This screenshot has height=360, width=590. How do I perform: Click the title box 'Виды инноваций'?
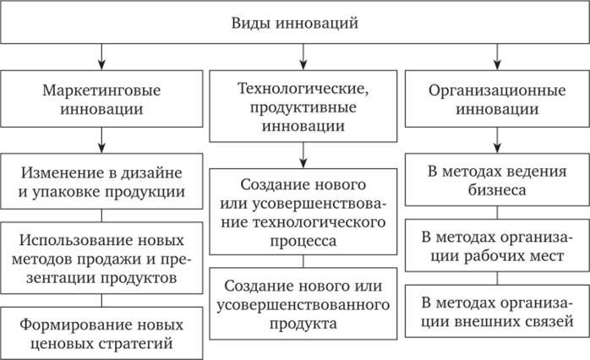click(295, 23)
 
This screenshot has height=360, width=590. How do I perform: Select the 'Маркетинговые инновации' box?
click(101, 99)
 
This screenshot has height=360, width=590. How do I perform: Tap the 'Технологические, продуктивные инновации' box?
click(303, 106)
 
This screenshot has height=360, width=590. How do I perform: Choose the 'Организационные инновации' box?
click(497, 99)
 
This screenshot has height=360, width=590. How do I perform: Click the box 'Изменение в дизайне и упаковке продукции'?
click(101, 182)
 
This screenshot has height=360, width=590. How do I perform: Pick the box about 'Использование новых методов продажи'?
click(101, 258)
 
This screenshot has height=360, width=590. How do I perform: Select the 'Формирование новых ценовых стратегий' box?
click(101, 333)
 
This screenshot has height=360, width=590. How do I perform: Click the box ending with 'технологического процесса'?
click(303, 212)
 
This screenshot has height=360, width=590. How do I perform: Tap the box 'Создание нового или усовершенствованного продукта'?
click(303, 304)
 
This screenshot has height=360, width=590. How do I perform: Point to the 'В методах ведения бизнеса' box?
click(497, 180)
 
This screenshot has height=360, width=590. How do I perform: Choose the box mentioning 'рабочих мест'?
click(497, 246)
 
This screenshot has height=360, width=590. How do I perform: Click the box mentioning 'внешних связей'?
click(497, 311)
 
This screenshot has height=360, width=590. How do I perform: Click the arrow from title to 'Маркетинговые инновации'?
click(101, 57)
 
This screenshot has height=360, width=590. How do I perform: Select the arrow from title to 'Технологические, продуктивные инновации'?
click(303, 57)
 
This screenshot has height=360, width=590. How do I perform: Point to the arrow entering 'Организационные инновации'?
click(497, 57)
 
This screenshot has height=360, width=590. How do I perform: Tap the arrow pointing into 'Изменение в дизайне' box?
click(101, 140)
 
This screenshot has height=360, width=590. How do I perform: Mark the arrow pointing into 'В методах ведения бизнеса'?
click(497, 140)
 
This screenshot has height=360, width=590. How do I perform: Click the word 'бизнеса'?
click(497, 190)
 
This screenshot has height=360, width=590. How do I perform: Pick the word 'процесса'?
click(303, 241)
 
